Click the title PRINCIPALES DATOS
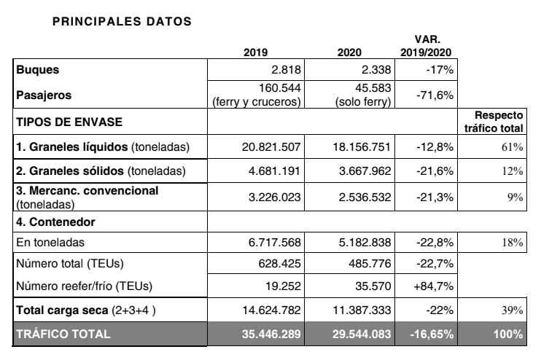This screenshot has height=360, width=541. point(122,21)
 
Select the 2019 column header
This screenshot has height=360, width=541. point(255,52)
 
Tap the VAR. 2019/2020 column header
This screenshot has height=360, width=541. point(426,46)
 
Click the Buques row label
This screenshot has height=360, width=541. point(38,70)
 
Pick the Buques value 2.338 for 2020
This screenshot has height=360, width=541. point(376,70)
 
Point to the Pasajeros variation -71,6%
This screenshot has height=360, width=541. point(435,95)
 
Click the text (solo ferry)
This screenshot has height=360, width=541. point(363,102)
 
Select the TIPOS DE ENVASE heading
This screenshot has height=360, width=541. point(69,122)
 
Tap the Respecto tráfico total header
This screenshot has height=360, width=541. point(494,122)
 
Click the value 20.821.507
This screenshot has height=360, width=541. point(271,147)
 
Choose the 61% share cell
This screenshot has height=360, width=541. point(512,147)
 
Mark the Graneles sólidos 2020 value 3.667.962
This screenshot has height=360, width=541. point(365,171)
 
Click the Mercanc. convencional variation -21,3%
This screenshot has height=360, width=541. point(435,197)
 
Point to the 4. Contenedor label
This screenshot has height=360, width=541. point(55,222)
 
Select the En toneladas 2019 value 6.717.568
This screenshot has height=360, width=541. point(275,243)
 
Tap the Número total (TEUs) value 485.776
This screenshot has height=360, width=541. point(370,264)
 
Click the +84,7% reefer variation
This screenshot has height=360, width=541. point(433,286)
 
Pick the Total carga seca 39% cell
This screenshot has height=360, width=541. point(512,310)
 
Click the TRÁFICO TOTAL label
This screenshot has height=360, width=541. point(63,334)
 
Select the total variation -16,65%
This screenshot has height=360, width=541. point(432,334)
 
